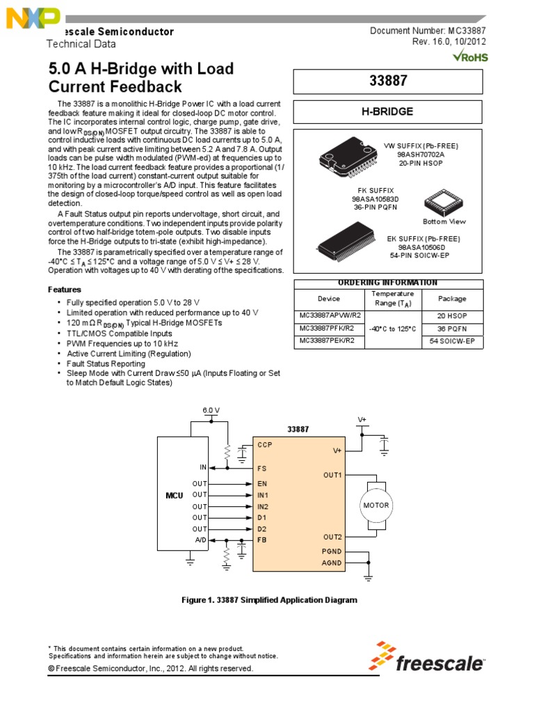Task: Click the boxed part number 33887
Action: coord(388,81)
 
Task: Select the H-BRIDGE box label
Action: coord(388,111)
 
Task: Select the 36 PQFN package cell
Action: coord(452,328)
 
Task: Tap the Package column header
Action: coord(452,298)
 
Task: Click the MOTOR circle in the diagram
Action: coord(376,505)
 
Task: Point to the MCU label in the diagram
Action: coord(173,494)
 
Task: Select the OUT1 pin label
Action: coord(332,475)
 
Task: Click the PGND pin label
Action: coord(332,551)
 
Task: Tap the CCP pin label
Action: coord(264,444)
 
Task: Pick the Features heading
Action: coord(64,289)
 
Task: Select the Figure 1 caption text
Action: coord(268,600)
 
